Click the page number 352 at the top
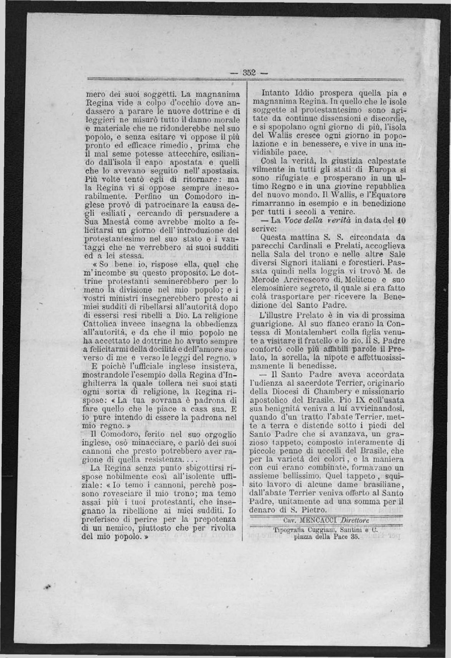coord(248,73)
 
